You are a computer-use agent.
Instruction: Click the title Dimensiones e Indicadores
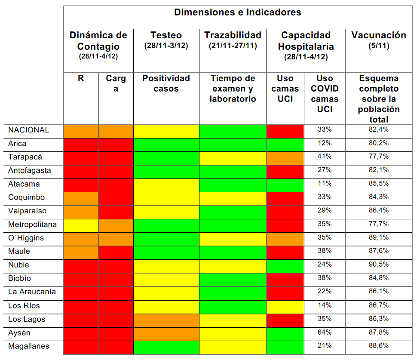pos(237,12)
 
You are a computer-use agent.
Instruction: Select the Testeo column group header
pos(166,36)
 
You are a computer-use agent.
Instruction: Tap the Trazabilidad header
pos(233,36)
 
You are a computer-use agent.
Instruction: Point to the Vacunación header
pos(379,36)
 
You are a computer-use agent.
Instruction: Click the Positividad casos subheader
pos(166,83)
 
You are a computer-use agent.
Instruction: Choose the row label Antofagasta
pos(29,170)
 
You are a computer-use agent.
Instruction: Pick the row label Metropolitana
pos(32,224)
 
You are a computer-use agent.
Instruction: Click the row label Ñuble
pos(18,265)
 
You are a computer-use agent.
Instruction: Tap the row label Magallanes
pos(28,346)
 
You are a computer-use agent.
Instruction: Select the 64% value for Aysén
pos(325,332)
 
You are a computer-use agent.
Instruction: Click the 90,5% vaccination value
pos(379,265)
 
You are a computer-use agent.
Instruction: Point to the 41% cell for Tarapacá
pos(325,157)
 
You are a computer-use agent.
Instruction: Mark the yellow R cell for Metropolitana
pos(81,224)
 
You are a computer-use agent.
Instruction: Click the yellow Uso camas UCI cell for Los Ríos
pos(285,305)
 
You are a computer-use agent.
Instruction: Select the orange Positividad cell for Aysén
pos(166,332)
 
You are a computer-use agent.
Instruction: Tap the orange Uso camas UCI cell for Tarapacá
pos(285,157)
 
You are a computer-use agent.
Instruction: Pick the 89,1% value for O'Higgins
pos(379,237)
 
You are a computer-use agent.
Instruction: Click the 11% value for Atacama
pos(325,184)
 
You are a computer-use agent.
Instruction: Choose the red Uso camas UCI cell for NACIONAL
pos(285,130)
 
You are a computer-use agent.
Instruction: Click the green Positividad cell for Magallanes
pos(166,346)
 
